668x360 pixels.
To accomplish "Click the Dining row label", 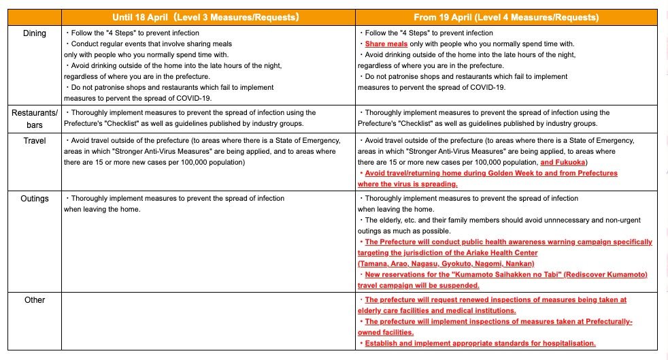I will (35, 33).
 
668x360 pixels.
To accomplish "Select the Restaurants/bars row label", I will (35, 118).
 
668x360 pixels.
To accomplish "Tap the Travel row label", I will (35, 141).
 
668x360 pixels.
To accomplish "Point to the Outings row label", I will (35, 199).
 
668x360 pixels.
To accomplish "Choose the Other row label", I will (35, 299).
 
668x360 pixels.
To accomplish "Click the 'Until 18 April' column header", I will (205, 17).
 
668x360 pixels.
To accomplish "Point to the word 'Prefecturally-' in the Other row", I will (607, 321).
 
